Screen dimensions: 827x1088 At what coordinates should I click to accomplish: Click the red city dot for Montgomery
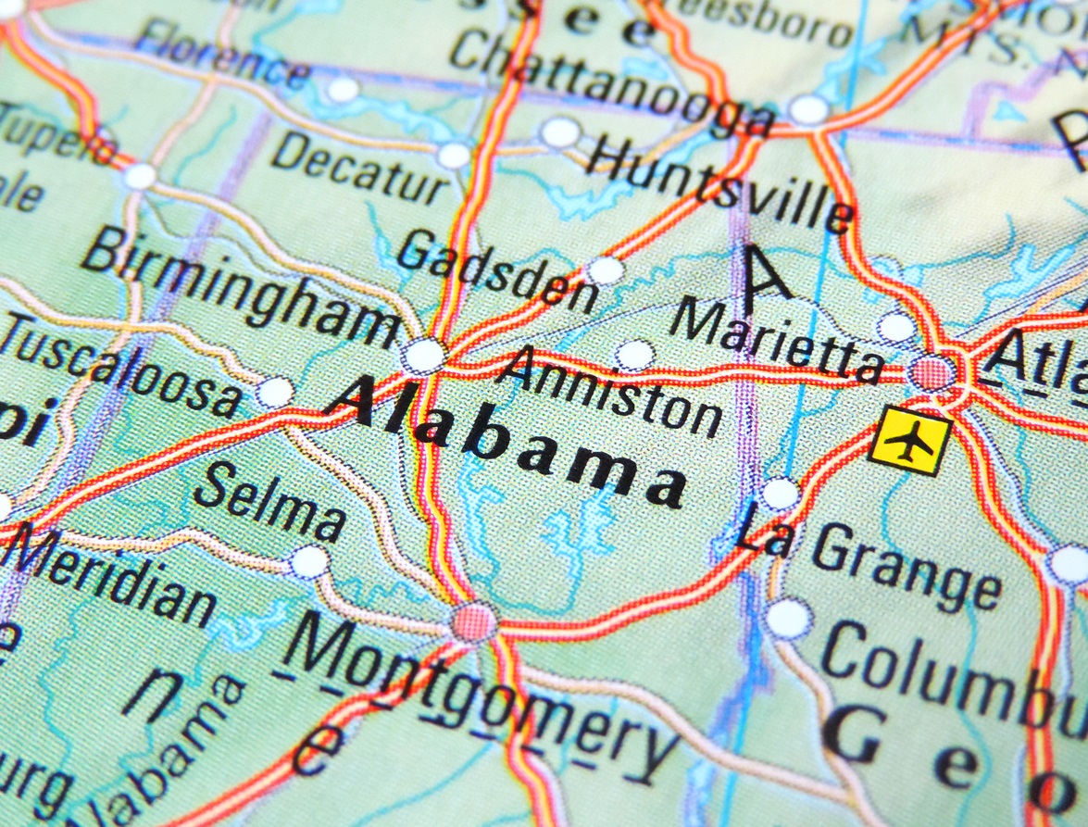point(474,620)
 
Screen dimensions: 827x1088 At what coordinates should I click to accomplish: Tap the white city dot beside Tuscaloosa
point(275,393)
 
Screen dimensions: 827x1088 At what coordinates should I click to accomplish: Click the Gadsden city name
point(501,269)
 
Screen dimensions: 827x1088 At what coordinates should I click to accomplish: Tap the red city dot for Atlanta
point(932,373)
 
